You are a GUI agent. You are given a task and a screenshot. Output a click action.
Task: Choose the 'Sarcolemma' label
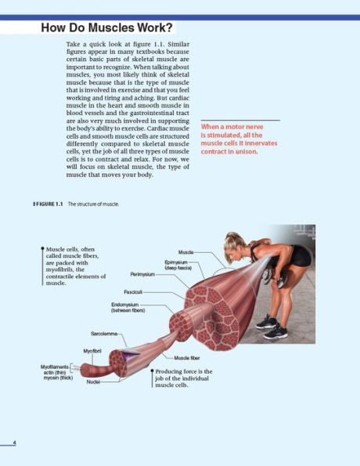click(x=105, y=333)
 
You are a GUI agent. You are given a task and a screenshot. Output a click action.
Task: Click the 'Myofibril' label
click(x=92, y=350)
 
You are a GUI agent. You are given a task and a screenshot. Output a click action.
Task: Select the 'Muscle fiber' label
click(x=185, y=357)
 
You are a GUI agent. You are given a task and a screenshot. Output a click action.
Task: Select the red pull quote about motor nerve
click(x=239, y=139)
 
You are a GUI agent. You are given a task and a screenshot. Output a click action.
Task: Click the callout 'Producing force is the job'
click(x=183, y=377)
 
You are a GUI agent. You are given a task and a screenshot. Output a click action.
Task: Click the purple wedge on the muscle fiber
click(x=132, y=356)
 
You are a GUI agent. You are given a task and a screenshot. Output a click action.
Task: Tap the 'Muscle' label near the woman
click(x=185, y=251)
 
